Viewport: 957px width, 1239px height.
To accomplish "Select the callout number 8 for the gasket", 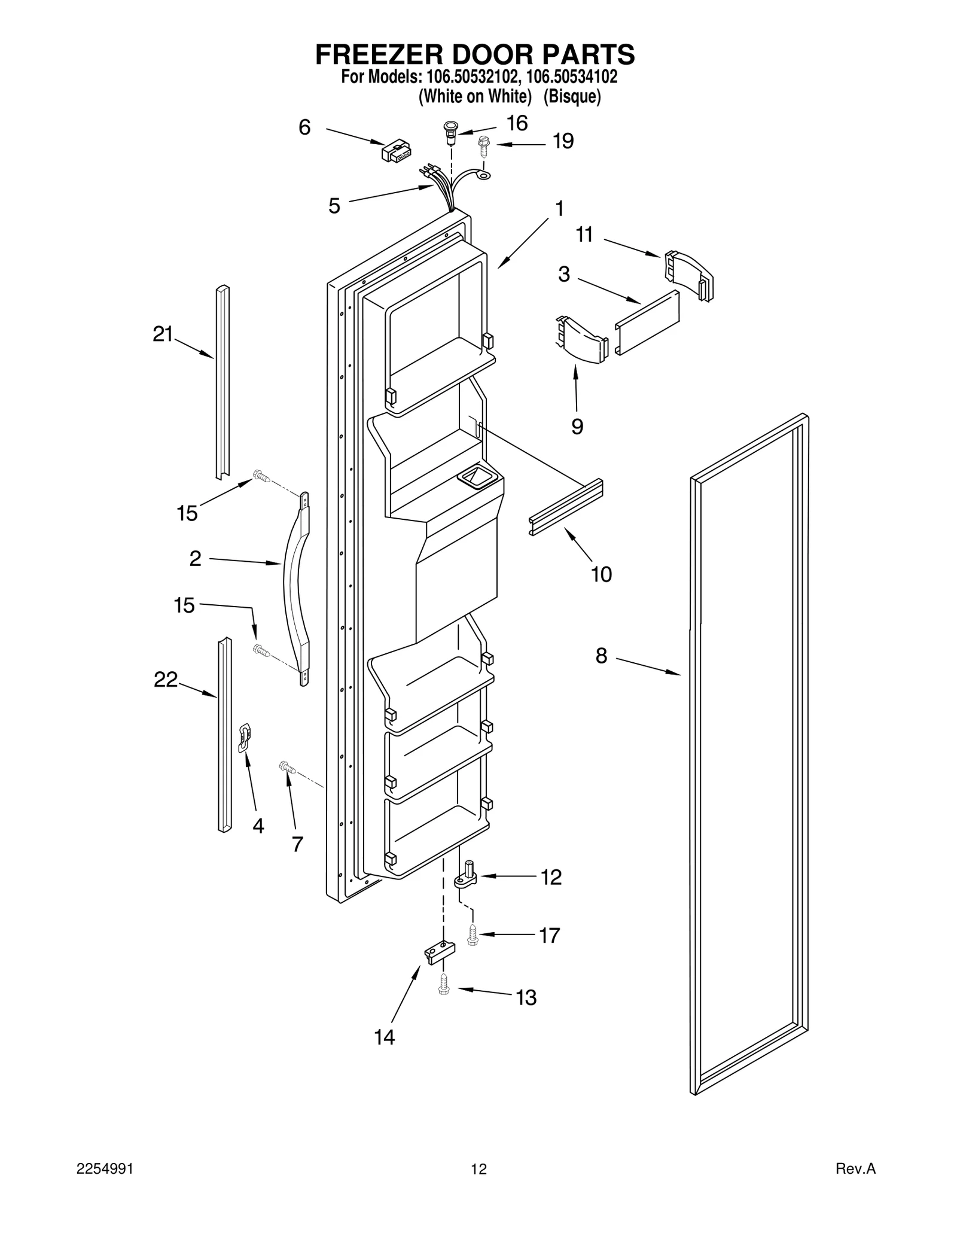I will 601,656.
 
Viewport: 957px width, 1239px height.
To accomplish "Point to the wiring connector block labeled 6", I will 396,151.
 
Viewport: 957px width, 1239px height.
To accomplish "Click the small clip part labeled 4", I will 244,737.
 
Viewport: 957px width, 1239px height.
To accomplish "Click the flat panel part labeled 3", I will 647,323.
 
